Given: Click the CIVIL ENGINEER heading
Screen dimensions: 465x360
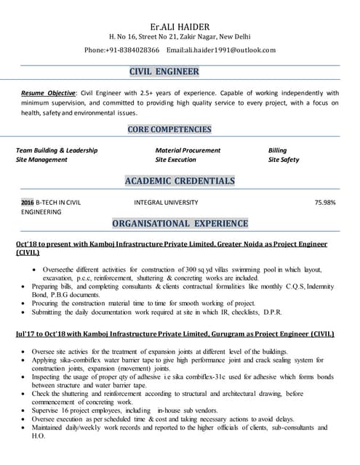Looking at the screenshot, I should pos(164,72).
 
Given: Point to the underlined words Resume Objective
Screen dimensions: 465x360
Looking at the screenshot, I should pos(48,93).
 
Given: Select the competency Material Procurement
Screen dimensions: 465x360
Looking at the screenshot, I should pos(188,150).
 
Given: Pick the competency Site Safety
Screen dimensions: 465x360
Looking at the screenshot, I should pos(283,160).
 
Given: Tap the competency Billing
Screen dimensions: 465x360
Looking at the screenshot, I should pos(277,150).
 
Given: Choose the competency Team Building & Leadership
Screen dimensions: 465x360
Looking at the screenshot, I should pos(57,150).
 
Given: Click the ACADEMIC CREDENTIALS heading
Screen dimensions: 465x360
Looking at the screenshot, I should pos(180,180).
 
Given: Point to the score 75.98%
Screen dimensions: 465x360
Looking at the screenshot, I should pos(324,202).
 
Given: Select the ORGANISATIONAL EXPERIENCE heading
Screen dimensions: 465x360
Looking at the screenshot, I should pos(180,223).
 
